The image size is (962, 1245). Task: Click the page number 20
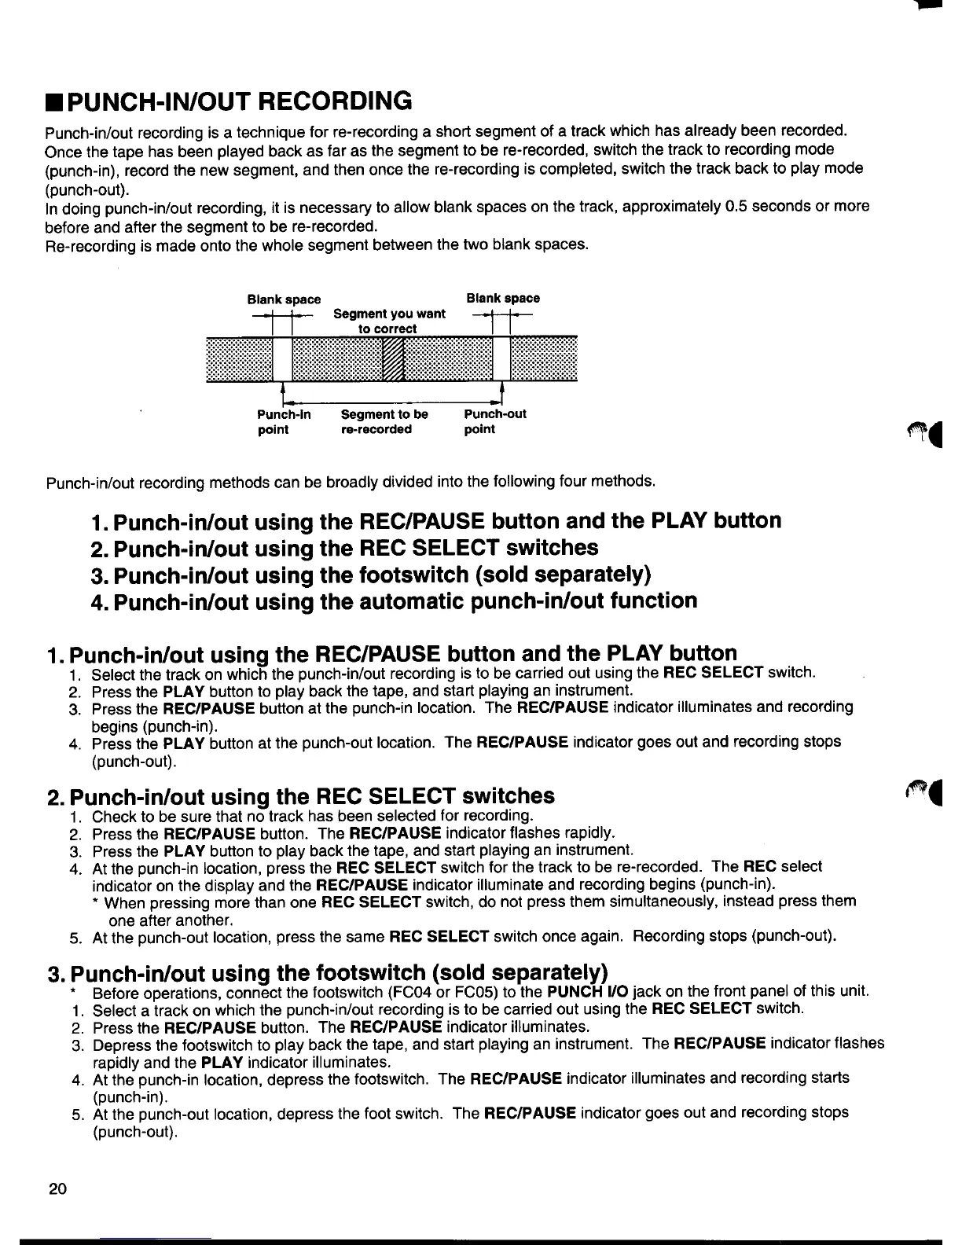pyautogui.click(x=57, y=1188)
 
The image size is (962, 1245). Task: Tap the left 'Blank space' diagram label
pyautogui.click(x=284, y=299)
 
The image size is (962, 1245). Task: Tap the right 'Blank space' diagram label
pyautogui.click(x=503, y=299)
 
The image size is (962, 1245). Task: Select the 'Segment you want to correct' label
pyautogui.click(x=389, y=321)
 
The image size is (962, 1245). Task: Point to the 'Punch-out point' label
pyautogui.click(x=495, y=421)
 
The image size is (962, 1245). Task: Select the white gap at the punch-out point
pyautogui.click(x=501, y=360)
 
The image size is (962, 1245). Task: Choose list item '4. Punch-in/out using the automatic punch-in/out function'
pyautogui.click(x=394, y=601)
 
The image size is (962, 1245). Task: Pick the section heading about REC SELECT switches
pyautogui.click(x=301, y=796)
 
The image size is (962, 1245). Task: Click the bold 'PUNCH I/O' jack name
pyautogui.click(x=581, y=991)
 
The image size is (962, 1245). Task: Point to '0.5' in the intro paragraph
pyautogui.click(x=740, y=207)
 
